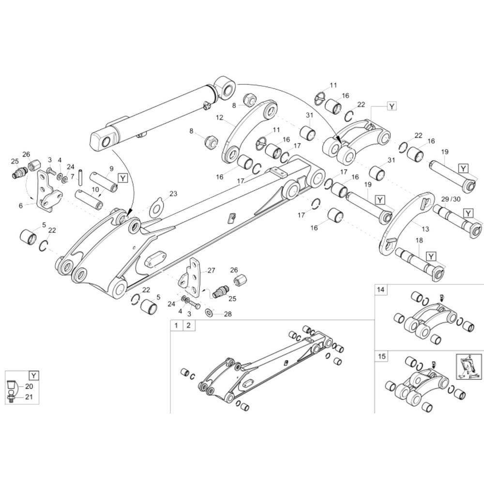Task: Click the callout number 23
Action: [173, 194]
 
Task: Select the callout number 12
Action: [219, 117]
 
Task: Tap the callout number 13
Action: [425, 229]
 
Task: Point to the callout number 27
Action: [211, 271]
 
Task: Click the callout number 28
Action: [228, 314]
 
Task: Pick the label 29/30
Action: [451, 199]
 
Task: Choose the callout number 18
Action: [420, 240]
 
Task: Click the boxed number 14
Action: [381, 289]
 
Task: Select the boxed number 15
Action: [382, 356]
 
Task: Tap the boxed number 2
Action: [189, 325]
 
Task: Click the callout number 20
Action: [29, 386]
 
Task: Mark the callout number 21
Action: [29, 397]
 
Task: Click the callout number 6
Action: [21, 206]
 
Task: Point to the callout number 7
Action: [72, 177]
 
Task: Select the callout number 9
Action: [111, 168]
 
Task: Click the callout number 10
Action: [95, 189]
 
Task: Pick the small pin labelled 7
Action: [81, 176]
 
